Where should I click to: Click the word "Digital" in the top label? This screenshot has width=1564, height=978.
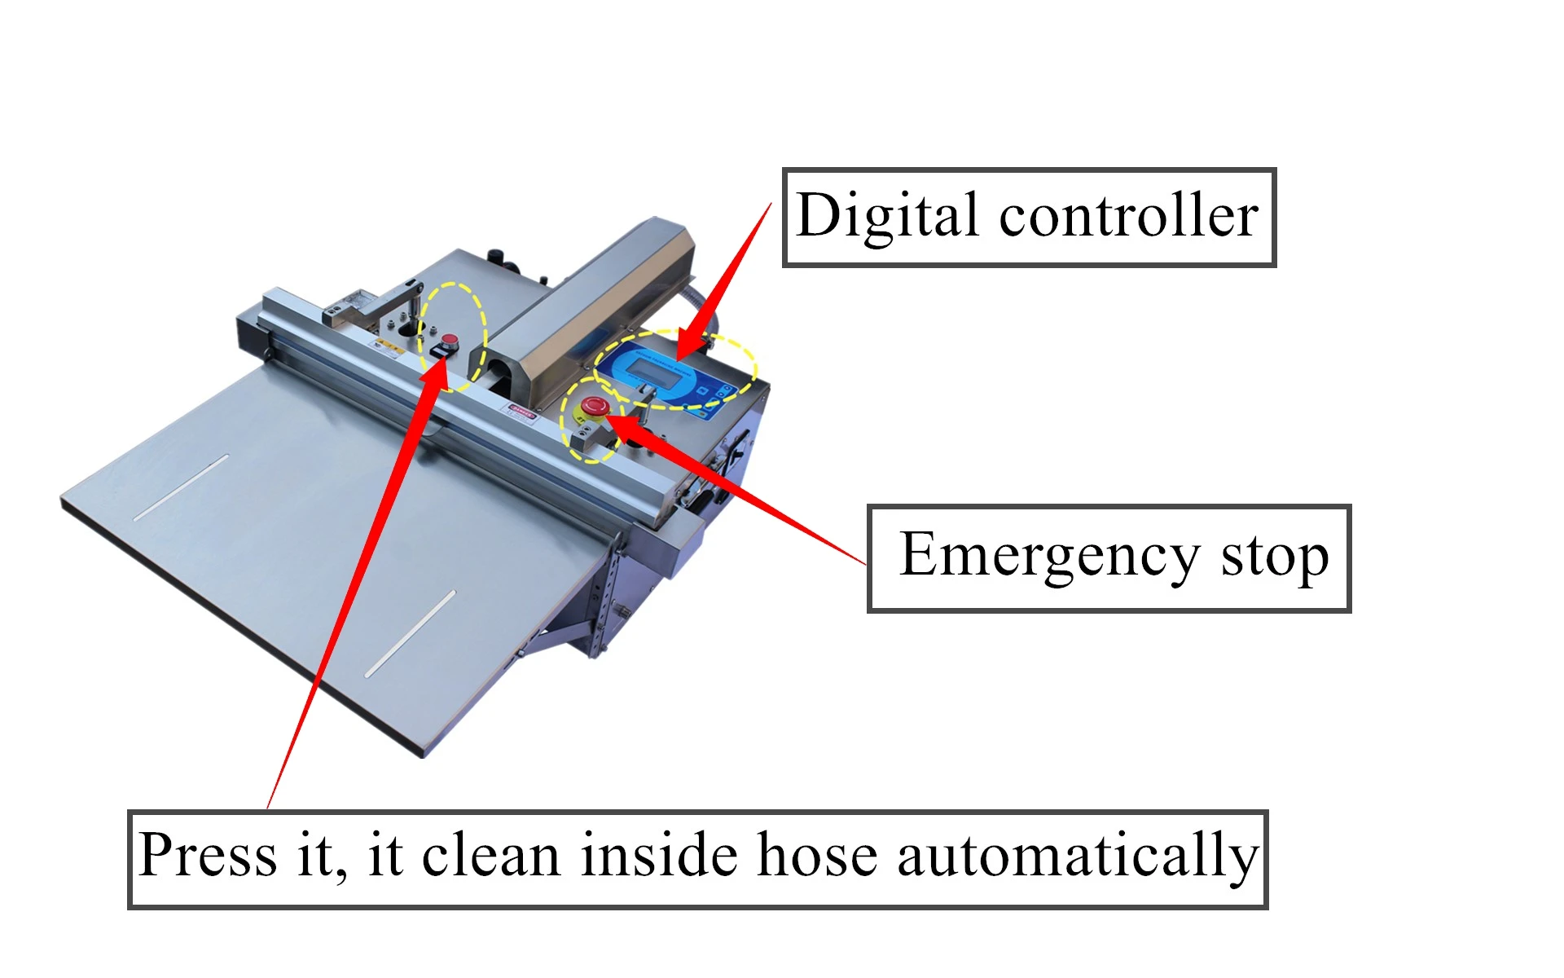(887, 216)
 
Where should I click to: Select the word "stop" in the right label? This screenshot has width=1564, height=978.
(1275, 558)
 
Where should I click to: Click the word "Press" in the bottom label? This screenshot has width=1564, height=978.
(209, 856)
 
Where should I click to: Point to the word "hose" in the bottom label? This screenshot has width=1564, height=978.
(817, 856)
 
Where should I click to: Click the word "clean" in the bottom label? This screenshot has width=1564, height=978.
(491, 856)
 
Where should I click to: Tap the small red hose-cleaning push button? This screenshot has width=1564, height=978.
(450, 339)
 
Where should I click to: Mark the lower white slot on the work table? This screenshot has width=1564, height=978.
(411, 633)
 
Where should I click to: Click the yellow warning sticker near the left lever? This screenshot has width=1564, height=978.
(389, 350)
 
